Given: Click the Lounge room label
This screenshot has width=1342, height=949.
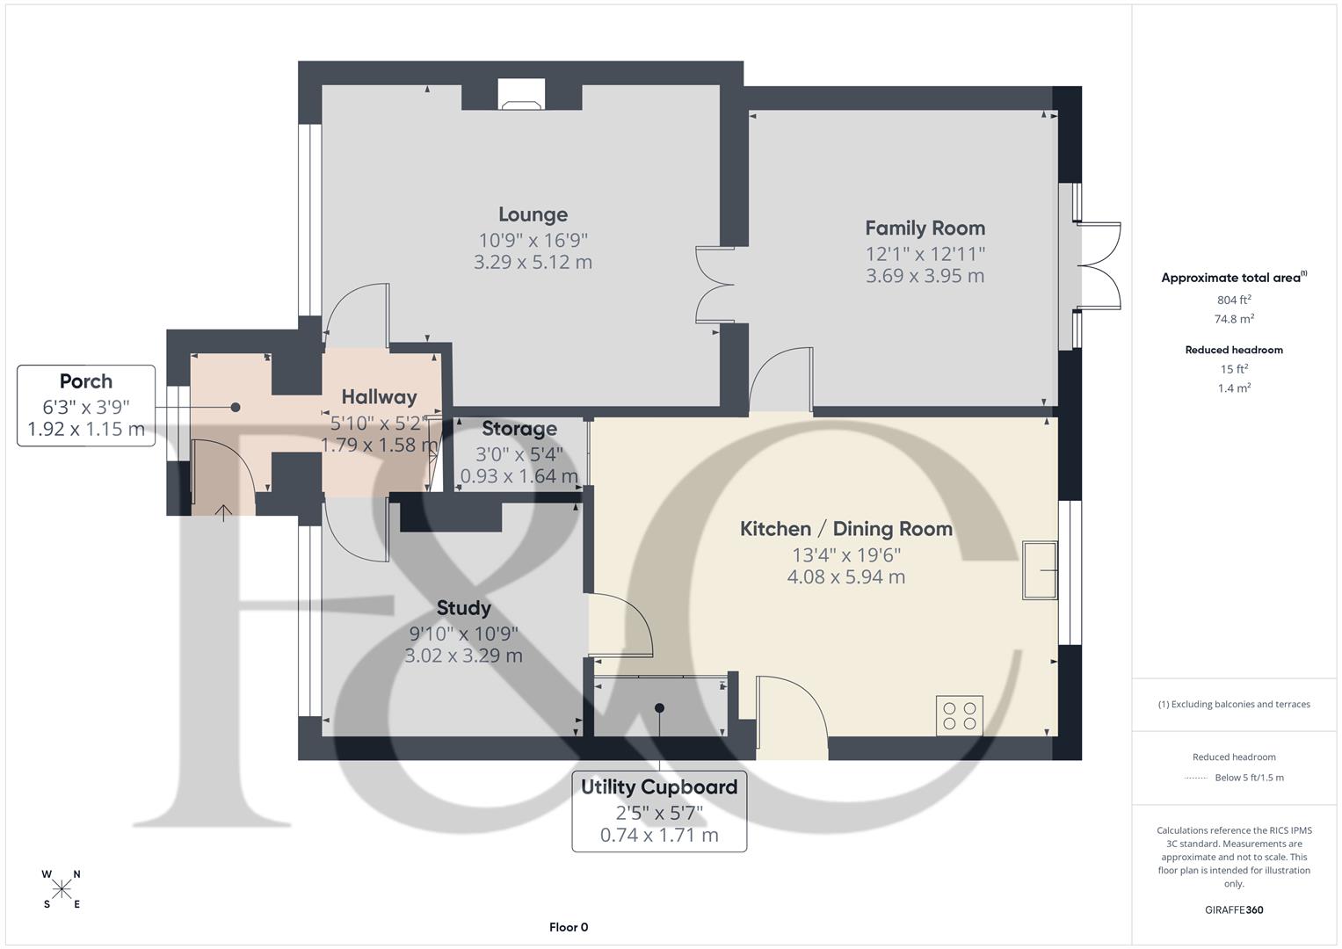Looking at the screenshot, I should click(533, 214).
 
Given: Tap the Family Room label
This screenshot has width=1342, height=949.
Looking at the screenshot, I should click(925, 228).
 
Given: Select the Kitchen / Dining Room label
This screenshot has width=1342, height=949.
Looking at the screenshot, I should click(845, 529).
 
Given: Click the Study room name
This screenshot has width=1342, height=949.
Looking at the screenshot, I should click(463, 608).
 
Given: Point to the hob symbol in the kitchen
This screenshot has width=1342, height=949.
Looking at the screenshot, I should click(959, 714).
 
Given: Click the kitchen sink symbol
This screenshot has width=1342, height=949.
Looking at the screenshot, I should click(1041, 570).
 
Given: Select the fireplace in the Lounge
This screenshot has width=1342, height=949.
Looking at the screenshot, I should click(521, 95).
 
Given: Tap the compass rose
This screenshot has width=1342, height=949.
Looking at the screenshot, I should click(62, 889).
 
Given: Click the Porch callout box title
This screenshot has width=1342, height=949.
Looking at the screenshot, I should click(86, 381).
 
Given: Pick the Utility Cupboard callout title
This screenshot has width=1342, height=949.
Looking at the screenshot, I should click(659, 787).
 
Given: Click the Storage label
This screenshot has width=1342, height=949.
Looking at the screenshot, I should click(519, 429).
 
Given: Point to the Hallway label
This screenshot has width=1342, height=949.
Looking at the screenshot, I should click(379, 397).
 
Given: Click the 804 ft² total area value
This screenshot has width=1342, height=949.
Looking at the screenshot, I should click(1234, 300).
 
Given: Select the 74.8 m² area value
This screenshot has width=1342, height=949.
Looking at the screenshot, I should click(1234, 319).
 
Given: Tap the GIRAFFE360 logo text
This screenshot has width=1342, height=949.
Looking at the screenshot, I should click(1234, 909).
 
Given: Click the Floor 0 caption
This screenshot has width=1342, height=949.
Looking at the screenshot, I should click(569, 927).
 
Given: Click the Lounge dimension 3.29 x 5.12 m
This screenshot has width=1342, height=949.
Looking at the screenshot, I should click(533, 262).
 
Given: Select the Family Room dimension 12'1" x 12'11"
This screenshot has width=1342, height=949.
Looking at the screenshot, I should click(925, 254).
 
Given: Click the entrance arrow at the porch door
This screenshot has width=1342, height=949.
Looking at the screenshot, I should click(223, 512).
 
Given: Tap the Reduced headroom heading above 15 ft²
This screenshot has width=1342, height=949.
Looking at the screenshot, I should click(1234, 350).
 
